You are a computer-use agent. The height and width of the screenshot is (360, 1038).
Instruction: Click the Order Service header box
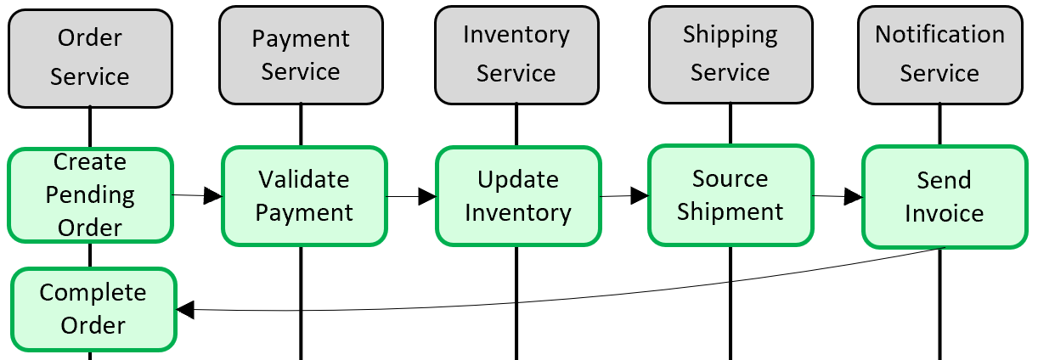tap(90, 58)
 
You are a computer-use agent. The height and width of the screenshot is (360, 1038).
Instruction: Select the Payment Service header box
tap(301, 56)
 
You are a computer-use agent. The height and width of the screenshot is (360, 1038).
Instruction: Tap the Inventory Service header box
tap(516, 54)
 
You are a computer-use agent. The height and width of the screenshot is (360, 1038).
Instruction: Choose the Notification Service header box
tap(939, 54)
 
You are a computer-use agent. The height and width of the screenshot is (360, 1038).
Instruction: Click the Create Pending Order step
tap(90, 195)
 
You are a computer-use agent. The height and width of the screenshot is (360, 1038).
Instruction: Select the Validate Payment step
tap(304, 196)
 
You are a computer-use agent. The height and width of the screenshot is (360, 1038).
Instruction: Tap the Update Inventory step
tap(518, 196)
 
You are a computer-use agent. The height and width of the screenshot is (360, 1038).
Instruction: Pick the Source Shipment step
tap(731, 195)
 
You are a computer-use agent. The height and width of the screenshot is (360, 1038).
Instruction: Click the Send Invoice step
tap(944, 197)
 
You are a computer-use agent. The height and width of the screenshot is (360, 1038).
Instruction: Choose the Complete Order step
tap(93, 309)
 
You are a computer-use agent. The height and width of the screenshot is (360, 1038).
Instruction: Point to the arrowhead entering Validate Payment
tap(213, 196)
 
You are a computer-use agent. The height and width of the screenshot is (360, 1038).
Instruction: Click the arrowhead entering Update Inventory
tap(427, 197)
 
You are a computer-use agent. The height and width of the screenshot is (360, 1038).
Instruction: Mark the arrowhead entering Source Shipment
tap(640, 196)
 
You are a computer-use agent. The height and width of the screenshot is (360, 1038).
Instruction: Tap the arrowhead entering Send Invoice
tap(854, 197)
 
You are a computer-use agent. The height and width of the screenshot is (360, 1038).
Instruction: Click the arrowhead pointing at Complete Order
tap(185, 311)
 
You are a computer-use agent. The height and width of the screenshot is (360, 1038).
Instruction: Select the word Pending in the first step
tap(90, 195)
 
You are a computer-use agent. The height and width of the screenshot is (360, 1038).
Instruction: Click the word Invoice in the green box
tap(944, 213)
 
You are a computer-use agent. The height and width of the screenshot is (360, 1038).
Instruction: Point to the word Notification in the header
tap(939, 35)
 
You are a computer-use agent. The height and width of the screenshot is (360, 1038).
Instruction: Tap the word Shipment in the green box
tap(731, 211)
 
